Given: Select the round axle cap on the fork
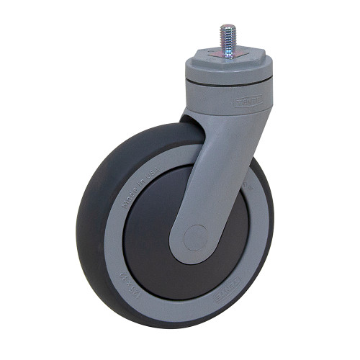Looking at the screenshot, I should click(194, 237).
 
